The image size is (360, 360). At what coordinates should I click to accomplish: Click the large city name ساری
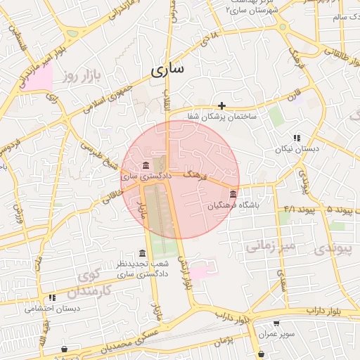167,70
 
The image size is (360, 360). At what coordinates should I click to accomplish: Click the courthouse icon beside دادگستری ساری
146,165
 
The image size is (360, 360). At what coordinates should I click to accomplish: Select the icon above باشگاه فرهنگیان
233,194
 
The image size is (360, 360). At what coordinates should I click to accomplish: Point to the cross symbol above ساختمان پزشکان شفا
221,105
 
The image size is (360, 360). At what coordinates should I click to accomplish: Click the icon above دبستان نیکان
297,138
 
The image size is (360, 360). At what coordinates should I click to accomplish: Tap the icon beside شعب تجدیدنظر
143,253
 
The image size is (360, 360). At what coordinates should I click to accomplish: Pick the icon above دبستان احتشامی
53,298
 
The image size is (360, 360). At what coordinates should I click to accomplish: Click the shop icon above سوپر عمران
276,323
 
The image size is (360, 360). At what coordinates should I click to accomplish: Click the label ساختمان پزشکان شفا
221,117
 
